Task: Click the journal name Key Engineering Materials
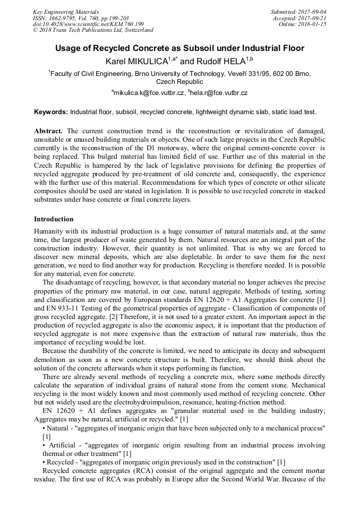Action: point(66,12)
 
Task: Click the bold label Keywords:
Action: point(51,113)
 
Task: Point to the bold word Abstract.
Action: point(48,131)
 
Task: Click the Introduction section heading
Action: point(54,219)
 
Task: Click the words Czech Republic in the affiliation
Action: point(179,82)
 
